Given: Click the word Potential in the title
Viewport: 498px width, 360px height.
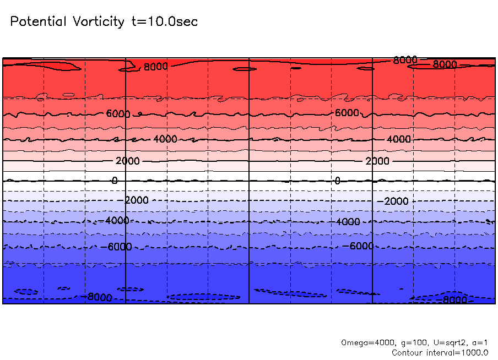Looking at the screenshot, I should pyautogui.click(x=38, y=22).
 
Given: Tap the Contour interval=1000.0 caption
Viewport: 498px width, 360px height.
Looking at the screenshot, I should pyautogui.click(x=440, y=352).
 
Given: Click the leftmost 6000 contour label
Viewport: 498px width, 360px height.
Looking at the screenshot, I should pyautogui.click(x=118, y=114).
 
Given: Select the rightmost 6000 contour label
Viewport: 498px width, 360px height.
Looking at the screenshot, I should pyautogui.click(x=348, y=113).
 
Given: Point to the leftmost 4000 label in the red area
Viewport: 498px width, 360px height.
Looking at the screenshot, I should pyautogui.click(x=165, y=139).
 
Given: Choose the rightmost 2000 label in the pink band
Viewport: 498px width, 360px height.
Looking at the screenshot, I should pyautogui.click(x=377, y=161).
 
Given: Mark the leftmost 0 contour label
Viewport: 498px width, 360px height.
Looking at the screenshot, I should pyautogui.click(x=115, y=181).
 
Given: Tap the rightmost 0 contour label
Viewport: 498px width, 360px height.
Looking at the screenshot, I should pyautogui.click(x=337, y=181).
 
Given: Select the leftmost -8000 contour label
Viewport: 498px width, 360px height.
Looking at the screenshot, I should pyautogui.click(x=99, y=297).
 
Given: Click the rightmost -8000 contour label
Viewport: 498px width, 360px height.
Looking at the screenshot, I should pyautogui.click(x=454, y=301).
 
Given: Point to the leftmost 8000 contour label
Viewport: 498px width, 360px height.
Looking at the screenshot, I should pyautogui.click(x=155, y=67).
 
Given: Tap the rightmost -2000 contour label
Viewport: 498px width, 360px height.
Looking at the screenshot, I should pyautogui.click(x=392, y=201).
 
